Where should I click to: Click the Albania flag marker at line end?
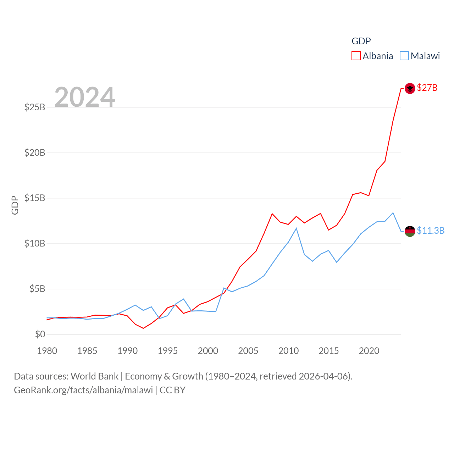pos(410,88)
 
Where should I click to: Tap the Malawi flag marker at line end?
pos(410,231)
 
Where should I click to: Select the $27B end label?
pos(427,88)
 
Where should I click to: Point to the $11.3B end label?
pos(431,231)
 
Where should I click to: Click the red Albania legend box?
pos(356,56)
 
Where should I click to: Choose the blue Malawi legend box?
pos(404,56)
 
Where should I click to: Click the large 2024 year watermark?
pos(84,97)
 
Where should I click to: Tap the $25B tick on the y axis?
pos(35,107)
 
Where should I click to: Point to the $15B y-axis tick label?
pos(35,198)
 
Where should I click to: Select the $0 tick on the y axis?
pos(40,334)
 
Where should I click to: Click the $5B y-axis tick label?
pos(37,289)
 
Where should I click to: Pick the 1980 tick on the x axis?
pos(47,351)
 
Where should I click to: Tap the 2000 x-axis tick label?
pos(208,351)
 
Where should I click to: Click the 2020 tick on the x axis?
pos(369,351)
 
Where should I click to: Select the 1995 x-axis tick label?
pos(168,351)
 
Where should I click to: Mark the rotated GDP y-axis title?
pos(15,205)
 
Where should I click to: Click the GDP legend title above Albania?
pos(361,41)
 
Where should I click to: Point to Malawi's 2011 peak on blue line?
pos(296,228)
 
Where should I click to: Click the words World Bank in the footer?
pos(94,376)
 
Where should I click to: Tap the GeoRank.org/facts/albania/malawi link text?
pos(83,390)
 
